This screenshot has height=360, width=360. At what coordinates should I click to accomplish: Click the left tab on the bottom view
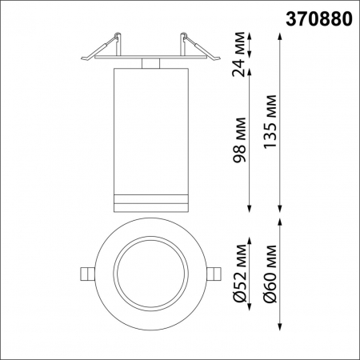point(87,273)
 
